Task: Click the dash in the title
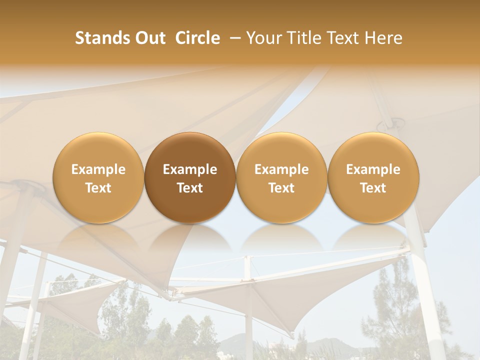coord(234,38)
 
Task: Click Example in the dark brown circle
coord(190,169)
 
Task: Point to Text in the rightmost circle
coord(373,188)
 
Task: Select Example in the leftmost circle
coord(98,169)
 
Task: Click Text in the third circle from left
coord(281,188)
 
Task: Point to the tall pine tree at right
coord(395,300)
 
